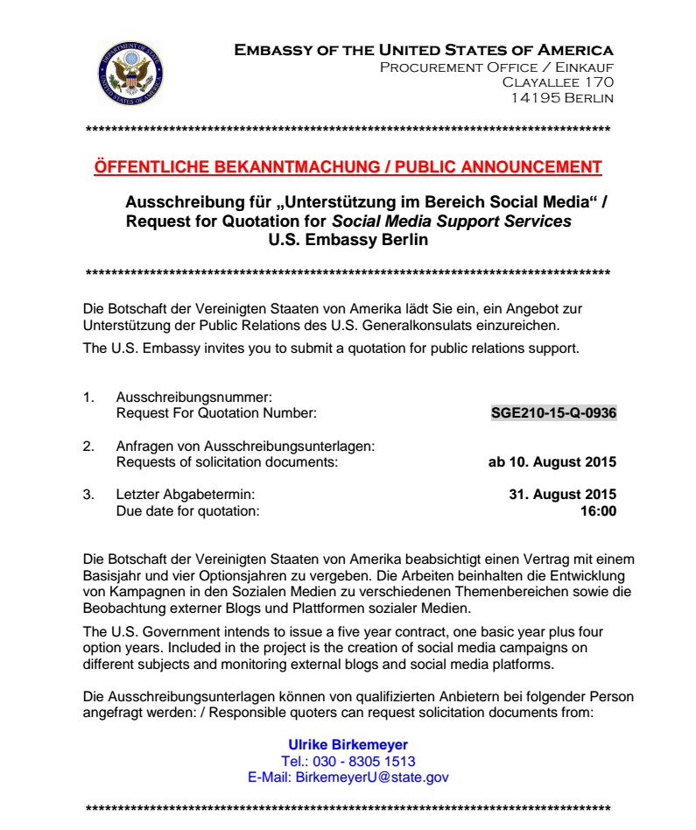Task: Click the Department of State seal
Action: [x=130, y=74]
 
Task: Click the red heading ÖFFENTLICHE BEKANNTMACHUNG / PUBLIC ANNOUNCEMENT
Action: [x=348, y=167]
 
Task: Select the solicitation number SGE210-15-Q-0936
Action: [x=554, y=412]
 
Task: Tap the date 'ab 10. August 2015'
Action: [x=552, y=461]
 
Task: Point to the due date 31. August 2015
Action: [x=562, y=495]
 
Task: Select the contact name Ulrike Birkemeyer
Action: [x=348, y=745]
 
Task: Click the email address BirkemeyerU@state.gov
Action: [x=372, y=777]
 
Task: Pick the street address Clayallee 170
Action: [x=558, y=82]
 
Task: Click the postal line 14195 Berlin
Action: [x=562, y=98]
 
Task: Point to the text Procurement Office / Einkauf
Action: [x=496, y=67]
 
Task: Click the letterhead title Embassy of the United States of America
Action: [x=424, y=50]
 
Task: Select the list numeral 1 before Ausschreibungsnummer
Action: [x=88, y=397]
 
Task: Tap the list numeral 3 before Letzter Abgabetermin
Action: [x=88, y=495]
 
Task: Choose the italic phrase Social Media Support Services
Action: [x=452, y=222]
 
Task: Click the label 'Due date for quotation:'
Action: [x=187, y=510]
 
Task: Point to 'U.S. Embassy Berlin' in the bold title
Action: [x=348, y=239]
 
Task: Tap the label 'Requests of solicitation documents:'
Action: [x=227, y=461]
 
